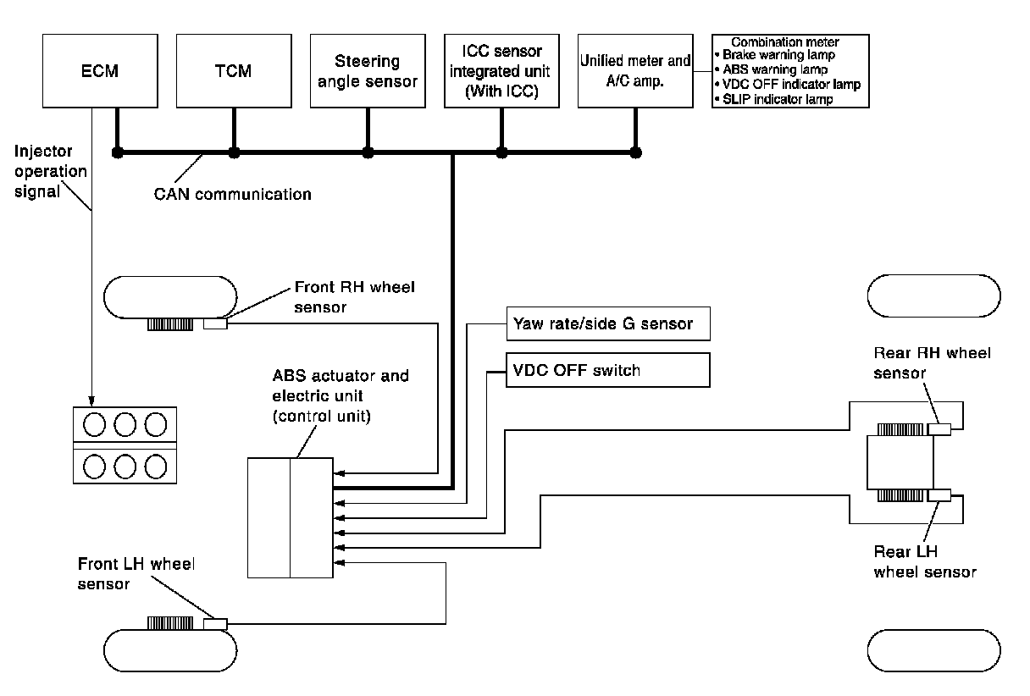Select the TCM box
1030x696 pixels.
tap(233, 70)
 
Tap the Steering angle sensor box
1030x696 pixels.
tap(367, 70)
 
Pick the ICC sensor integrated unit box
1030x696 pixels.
tap(501, 70)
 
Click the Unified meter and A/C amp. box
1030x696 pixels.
tap(635, 70)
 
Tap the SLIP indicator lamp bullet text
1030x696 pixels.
tap(778, 99)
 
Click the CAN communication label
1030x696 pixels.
tap(232, 194)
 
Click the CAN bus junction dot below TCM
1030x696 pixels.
tap(234, 153)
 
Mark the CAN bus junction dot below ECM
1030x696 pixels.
tap(118, 153)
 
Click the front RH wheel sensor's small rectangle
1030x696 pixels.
tap(216, 323)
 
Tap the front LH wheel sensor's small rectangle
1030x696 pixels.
tap(216, 624)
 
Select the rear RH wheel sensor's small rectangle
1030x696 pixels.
tap(939, 429)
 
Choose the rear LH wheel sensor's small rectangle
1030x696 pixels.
tap(939, 495)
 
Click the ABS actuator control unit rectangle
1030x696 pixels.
tap(291, 517)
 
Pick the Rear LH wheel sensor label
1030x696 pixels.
tap(924, 561)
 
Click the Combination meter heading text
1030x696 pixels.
tap(784, 41)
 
